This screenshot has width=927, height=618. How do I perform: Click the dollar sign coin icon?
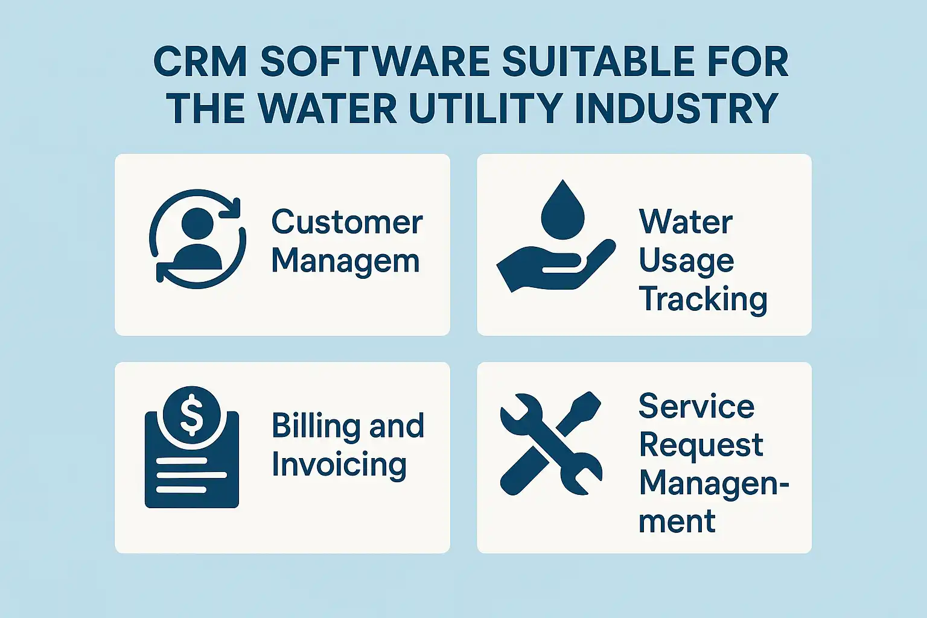pyautogui.click(x=192, y=415)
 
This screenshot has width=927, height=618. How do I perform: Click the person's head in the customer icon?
pyautogui.click(x=197, y=223)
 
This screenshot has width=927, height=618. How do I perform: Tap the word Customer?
pyautogui.click(x=347, y=222)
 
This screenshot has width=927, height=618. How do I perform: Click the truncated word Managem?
pyautogui.click(x=345, y=261)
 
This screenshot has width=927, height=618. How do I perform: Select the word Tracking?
pyautogui.click(x=703, y=299)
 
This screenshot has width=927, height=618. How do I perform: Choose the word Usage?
pyautogui.click(x=686, y=261)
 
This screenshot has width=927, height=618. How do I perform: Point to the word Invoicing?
pyautogui.click(x=339, y=465)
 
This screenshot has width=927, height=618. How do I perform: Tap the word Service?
pyautogui.click(x=696, y=407)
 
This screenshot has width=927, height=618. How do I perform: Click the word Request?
pyautogui.click(x=701, y=445)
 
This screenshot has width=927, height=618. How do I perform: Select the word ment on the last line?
pyautogui.click(x=677, y=521)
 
